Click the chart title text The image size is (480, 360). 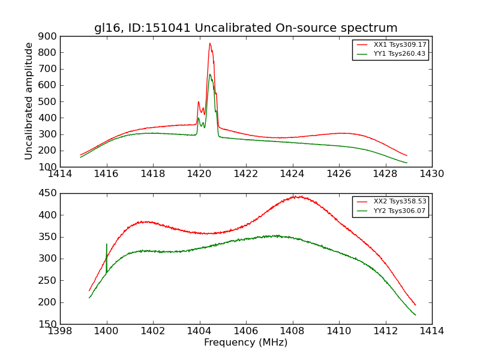245,28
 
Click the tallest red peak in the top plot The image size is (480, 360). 210,43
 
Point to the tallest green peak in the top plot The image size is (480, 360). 210,74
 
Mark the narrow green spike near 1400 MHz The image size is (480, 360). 107,245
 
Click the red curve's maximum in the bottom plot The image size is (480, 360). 296,196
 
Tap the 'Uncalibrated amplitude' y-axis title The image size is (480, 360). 29,101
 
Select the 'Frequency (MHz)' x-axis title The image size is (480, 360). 245,343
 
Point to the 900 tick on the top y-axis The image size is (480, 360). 48,36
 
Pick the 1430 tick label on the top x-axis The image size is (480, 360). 431,174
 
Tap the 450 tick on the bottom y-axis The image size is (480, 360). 48,193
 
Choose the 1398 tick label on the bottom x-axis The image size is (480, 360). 60,331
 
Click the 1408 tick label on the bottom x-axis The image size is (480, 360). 292,331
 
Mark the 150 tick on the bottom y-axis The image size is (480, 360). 48,324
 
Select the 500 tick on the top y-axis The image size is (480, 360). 48,101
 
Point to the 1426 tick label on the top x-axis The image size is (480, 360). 338,174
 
